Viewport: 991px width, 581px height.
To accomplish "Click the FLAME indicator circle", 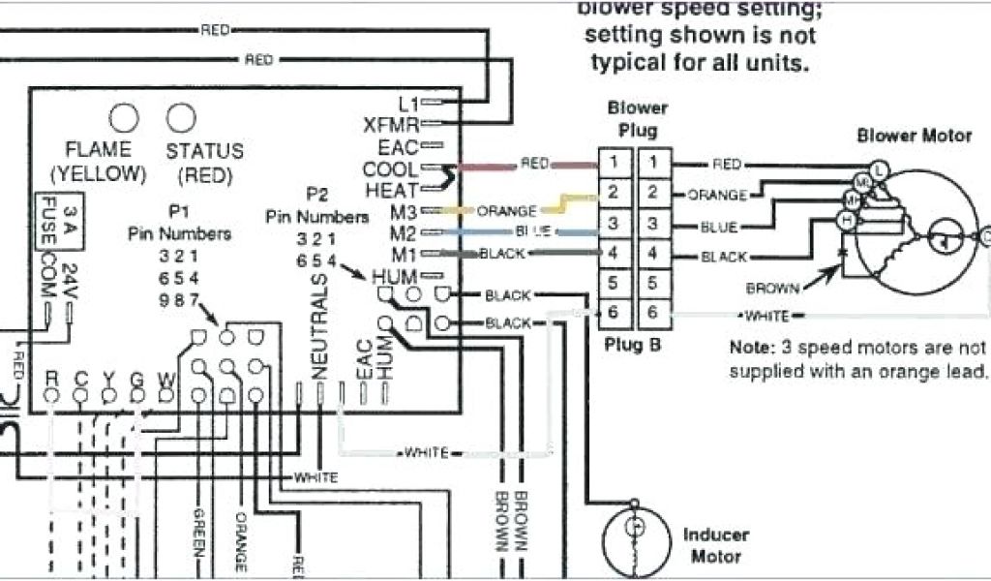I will [x=123, y=118].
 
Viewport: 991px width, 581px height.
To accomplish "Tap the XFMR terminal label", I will [x=391, y=125].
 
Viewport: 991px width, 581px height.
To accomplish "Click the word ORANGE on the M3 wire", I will [x=507, y=210].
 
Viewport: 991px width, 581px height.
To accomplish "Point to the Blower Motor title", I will [x=914, y=136].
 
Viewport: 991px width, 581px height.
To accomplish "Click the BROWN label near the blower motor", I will [x=772, y=288].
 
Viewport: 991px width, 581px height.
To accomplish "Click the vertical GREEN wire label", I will [x=200, y=537].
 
